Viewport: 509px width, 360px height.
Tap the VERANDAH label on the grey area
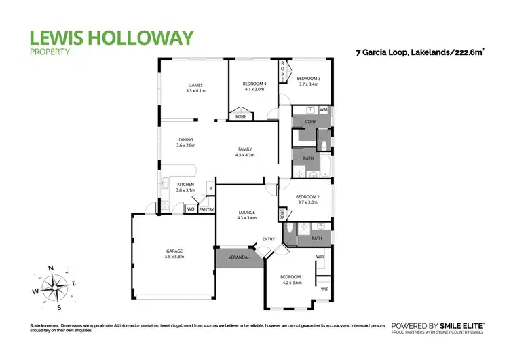[x=239, y=258]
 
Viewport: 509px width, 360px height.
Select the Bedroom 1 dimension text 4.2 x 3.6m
[x=293, y=283]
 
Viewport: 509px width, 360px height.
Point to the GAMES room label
[x=196, y=85]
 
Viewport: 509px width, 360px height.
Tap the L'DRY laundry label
[x=311, y=122]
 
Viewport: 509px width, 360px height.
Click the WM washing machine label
[x=324, y=109]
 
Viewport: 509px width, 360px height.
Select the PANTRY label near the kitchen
[x=206, y=210]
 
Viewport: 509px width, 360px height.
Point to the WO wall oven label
[x=191, y=210]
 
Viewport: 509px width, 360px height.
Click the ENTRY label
[x=269, y=239]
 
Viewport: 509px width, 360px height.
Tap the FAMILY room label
[x=245, y=149]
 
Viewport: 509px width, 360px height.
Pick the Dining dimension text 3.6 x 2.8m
[x=185, y=145]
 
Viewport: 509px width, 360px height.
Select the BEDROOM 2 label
[x=307, y=196]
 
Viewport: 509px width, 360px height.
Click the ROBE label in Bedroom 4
[x=240, y=117]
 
